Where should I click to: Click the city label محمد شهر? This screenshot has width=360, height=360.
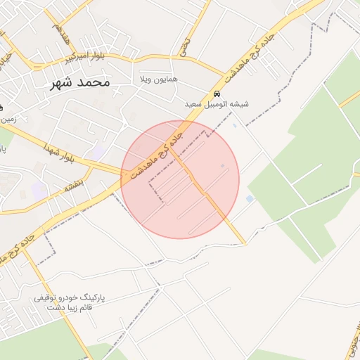tap(81, 82)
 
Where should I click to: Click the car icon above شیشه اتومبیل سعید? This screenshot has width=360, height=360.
tap(217, 94)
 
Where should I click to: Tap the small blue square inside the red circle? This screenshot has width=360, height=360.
tap(223, 166)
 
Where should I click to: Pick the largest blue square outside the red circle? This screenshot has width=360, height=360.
tap(250, 199)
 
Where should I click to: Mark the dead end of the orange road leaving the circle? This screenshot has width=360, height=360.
tap(244, 243)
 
